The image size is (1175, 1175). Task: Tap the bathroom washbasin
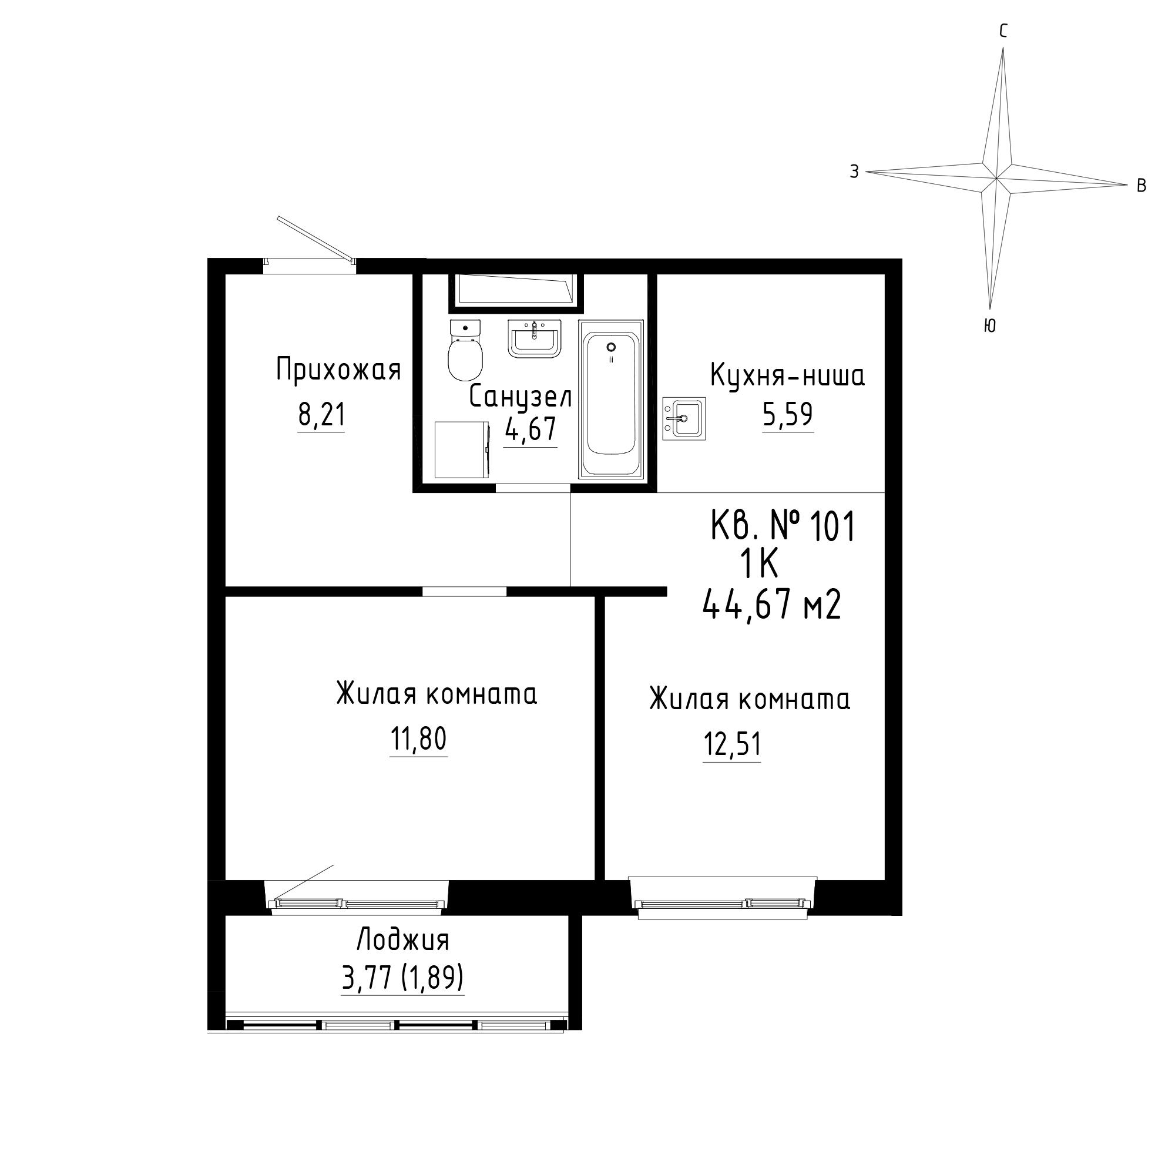click(x=534, y=339)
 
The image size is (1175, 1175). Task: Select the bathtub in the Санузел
click(x=611, y=398)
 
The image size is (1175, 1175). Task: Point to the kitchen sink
click(x=684, y=418)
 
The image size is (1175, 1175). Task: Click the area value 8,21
click(x=321, y=415)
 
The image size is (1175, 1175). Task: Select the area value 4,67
click(x=531, y=429)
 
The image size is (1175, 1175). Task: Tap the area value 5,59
click(x=788, y=415)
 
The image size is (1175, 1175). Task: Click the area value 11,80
click(x=418, y=740)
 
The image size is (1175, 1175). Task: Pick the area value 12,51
click(x=732, y=744)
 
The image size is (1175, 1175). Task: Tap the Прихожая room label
click(x=339, y=370)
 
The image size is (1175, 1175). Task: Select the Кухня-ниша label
click(x=788, y=376)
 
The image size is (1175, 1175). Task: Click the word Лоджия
click(x=403, y=940)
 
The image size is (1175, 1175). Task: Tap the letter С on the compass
click(x=1003, y=31)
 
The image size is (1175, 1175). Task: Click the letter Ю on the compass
click(x=989, y=326)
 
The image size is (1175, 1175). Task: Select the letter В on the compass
click(x=1142, y=186)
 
